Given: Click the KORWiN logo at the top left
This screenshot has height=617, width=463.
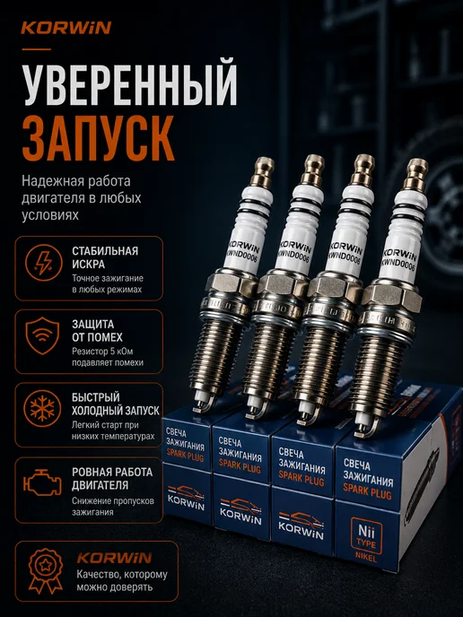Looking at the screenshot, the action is pyautogui.click(x=66, y=28).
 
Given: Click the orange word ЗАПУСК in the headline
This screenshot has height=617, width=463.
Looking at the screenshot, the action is pyautogui.click(x=98, y=138).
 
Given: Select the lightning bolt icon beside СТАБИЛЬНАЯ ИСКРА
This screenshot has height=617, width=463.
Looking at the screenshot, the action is pyautogui.click(x=44, y=263).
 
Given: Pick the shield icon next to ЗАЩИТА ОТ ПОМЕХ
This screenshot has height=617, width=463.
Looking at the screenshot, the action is pyautogui.click(x=42, y=336).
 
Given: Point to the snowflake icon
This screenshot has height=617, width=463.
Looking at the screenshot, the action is pyautogui.click(x=42, y=409).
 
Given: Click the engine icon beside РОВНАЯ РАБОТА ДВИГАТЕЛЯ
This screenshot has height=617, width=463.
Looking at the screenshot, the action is pyautogui.click(x=42, y=482).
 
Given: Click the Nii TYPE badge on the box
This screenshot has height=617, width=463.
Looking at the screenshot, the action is pyautogui.click(x=366, y=536).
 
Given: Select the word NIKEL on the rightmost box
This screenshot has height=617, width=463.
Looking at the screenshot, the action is pyautogui.click(x=366, y=558).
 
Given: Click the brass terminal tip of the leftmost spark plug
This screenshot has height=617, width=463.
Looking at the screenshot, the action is pyautogui.click(x=262, y=170).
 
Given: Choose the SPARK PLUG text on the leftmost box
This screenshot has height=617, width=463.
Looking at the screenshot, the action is pyautogui.click(x=185, y=456).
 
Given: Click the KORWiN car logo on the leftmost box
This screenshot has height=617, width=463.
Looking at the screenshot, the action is pyautogui.click(x=187, y=498).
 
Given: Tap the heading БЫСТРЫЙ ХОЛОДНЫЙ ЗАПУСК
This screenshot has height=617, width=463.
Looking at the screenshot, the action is pyautogui.click(x=116, y=404).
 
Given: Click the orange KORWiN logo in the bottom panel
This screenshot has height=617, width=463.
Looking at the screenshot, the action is pyautogui.click(x=114, y=558).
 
